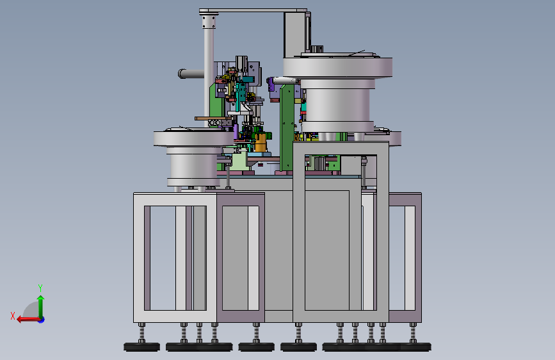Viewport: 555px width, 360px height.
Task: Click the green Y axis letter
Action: coord(40,288)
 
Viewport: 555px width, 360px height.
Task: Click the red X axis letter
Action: coord(13,316)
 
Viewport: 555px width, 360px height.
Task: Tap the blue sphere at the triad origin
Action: coord(42,320)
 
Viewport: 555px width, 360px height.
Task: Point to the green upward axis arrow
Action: coord(41,307)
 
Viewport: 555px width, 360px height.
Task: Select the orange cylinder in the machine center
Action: coord(261,142)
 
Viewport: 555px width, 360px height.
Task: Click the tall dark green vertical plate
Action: coord(287,128)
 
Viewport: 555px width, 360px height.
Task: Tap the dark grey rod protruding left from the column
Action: coord(191,74)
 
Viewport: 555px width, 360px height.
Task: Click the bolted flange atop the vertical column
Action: coord(209,20)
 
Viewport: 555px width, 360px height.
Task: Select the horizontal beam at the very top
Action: coord(253,11)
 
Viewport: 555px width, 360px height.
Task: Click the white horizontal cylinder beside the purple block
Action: coord(286,81)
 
